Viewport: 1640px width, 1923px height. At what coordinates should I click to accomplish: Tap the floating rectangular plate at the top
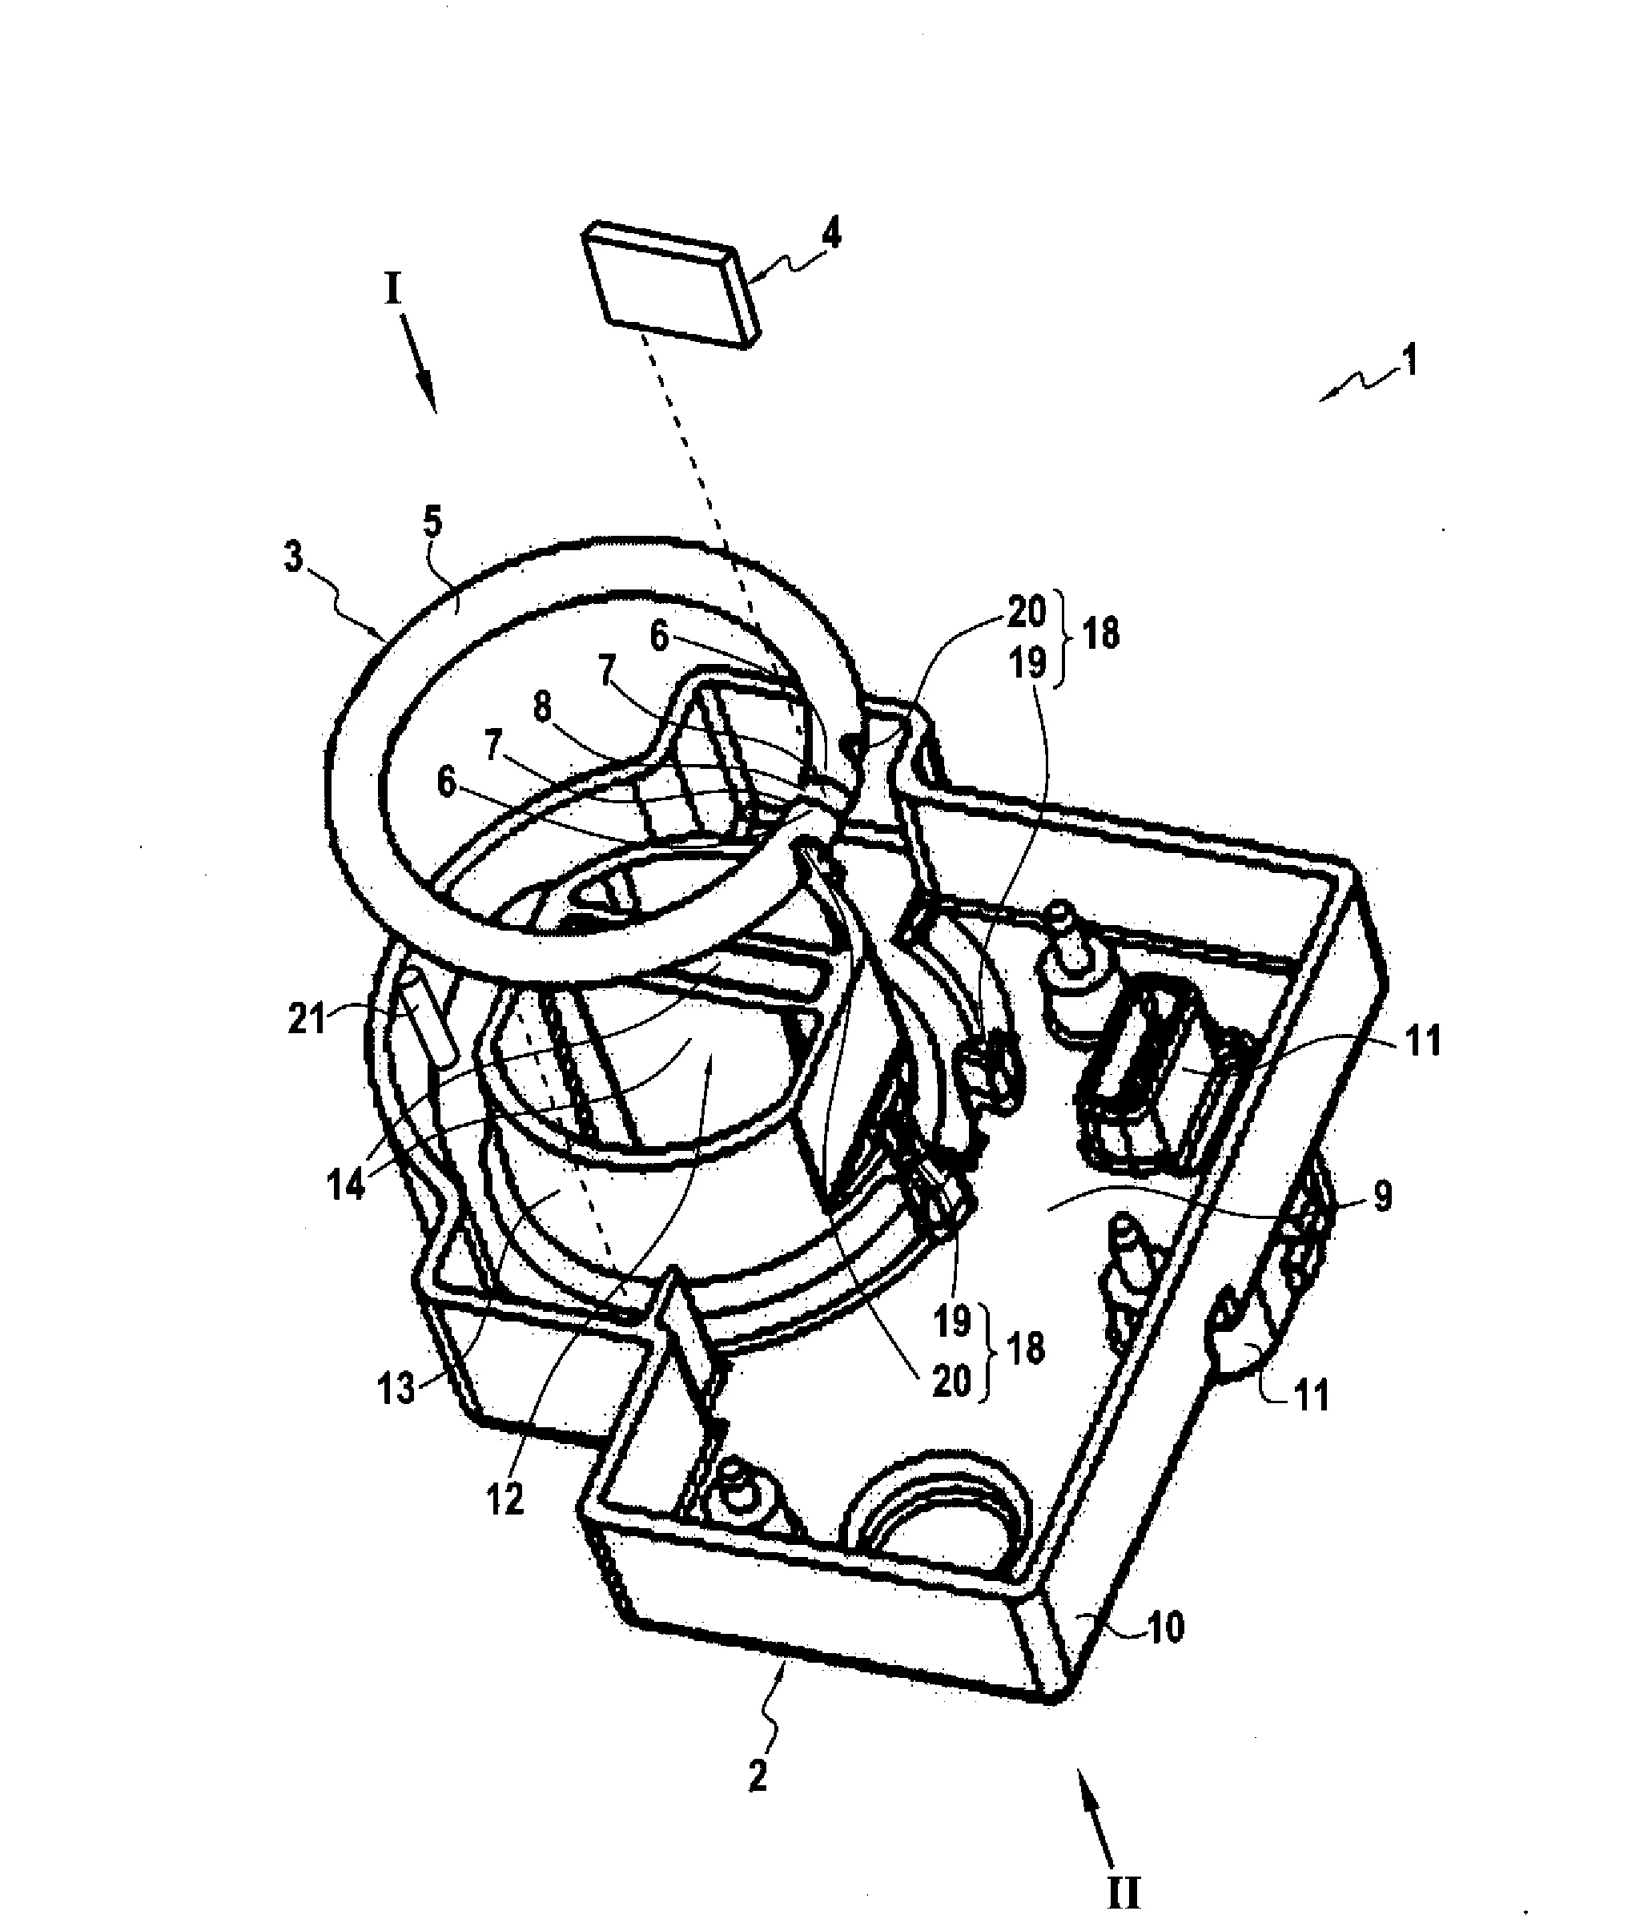[670, 283]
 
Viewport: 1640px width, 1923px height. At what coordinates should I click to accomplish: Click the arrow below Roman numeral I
[419, 363]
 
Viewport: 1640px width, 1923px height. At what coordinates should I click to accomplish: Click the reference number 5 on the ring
[432, 524]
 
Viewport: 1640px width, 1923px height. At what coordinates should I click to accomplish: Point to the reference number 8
[542, 708]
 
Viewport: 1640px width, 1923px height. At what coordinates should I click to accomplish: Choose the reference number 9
[1383, 1197]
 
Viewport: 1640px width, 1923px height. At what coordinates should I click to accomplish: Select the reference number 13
[396, 1390]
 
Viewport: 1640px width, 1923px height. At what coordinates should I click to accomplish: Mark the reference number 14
[346, 1186]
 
